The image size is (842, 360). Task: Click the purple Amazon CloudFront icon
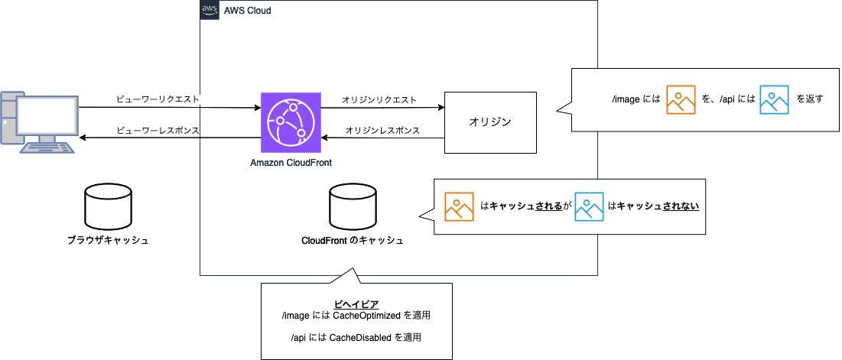click(x=291, y=122)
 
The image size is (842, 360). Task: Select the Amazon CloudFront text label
click(x=291, y=163)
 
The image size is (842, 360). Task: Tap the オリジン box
click(x=489, y=122)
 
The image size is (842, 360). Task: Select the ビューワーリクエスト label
click(x=158, y=99)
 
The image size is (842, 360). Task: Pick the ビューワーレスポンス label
click(x=158, y=131)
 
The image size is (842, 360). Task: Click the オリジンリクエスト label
click(x=379, y=99)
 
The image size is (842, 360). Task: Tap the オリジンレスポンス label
click(x=382, y=131)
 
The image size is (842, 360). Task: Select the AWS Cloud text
click(x=247, y=11)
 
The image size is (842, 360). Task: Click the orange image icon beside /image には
click(x=681, y=99)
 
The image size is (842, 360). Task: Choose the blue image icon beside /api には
click(x=774, y=99)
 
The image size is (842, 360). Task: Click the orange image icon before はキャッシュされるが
click(x=460, y=206)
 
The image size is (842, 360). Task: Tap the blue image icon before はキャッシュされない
click(x=590, y=206)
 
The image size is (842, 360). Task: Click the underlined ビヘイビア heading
click(x=356, y=304)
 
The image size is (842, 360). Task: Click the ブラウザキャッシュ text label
click(x=107, y=241)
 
